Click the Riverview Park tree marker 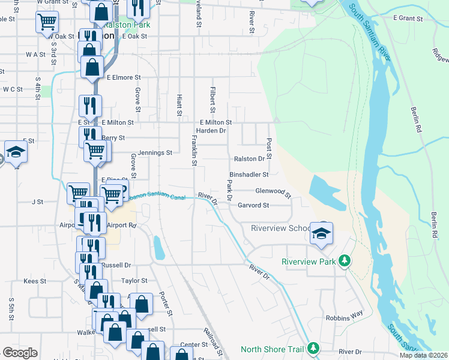pos(344,262)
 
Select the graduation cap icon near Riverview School pos(321,233)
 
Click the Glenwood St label pos(273,191)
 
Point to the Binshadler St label pos(249,174)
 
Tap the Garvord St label pos(253,205)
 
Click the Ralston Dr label pos(249,159)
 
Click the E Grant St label pos(408,18)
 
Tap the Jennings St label pos(155,152)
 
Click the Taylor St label pos(134,280)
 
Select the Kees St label pos(34,281)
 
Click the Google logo pos(20,353)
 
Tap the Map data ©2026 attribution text pos(423,355)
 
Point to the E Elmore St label pos(123,77)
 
